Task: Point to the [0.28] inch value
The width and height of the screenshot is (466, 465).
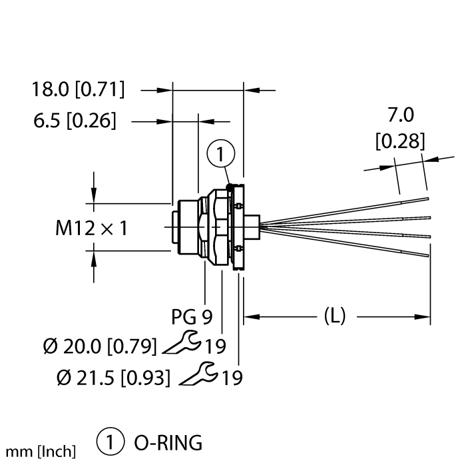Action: pyautogui.click(x=400, y=142)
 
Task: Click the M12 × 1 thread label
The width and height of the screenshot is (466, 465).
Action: pyautogui.click(x=91, y=229)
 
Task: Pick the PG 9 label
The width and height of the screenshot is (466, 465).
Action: pyautogui.click(x=192, y=316)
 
